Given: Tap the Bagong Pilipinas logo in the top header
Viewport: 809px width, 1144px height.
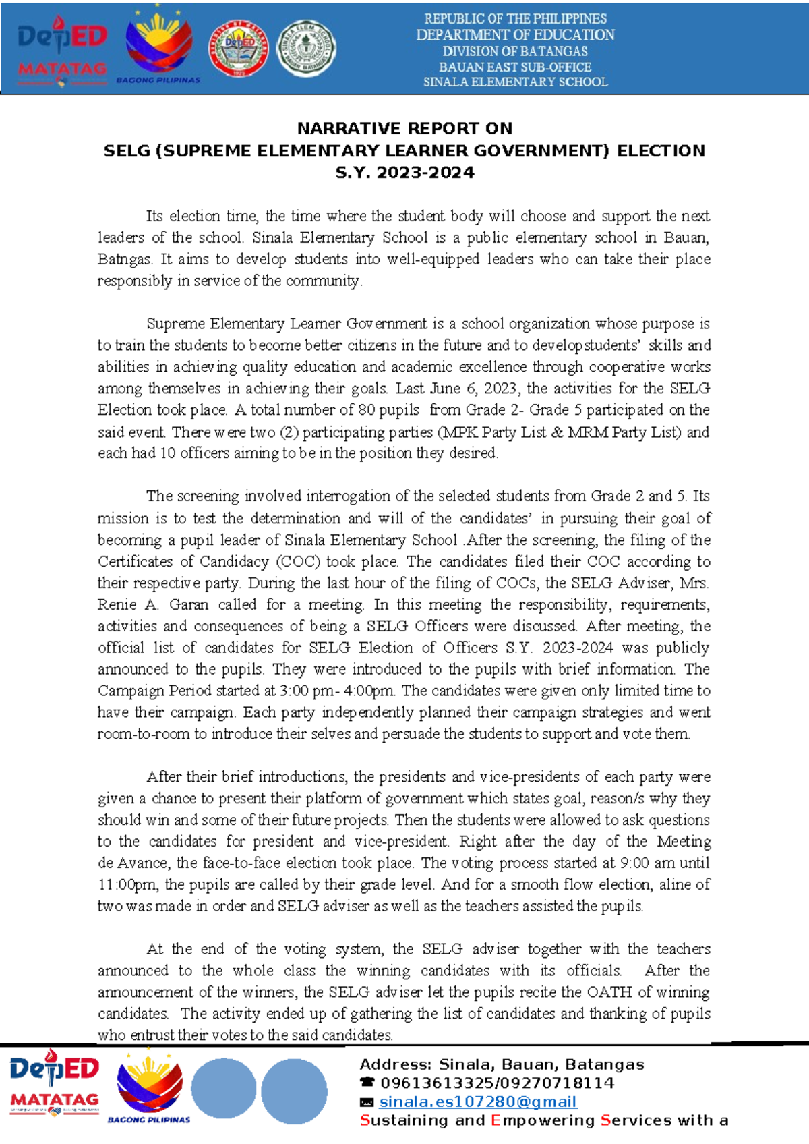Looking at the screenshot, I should pos(159,47).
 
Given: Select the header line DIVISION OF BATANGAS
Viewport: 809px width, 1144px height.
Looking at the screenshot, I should pos(515,51).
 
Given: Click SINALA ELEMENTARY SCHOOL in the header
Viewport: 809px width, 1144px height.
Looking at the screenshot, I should pos(515,82).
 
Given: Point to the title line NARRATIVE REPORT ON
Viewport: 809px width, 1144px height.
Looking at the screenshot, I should pos(404,128).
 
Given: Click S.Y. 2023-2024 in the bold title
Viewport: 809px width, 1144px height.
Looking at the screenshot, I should pos(404,173).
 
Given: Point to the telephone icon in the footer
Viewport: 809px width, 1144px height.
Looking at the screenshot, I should pos(367,1083).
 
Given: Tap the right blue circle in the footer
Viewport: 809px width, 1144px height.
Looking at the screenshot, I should pos(294,1090).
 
